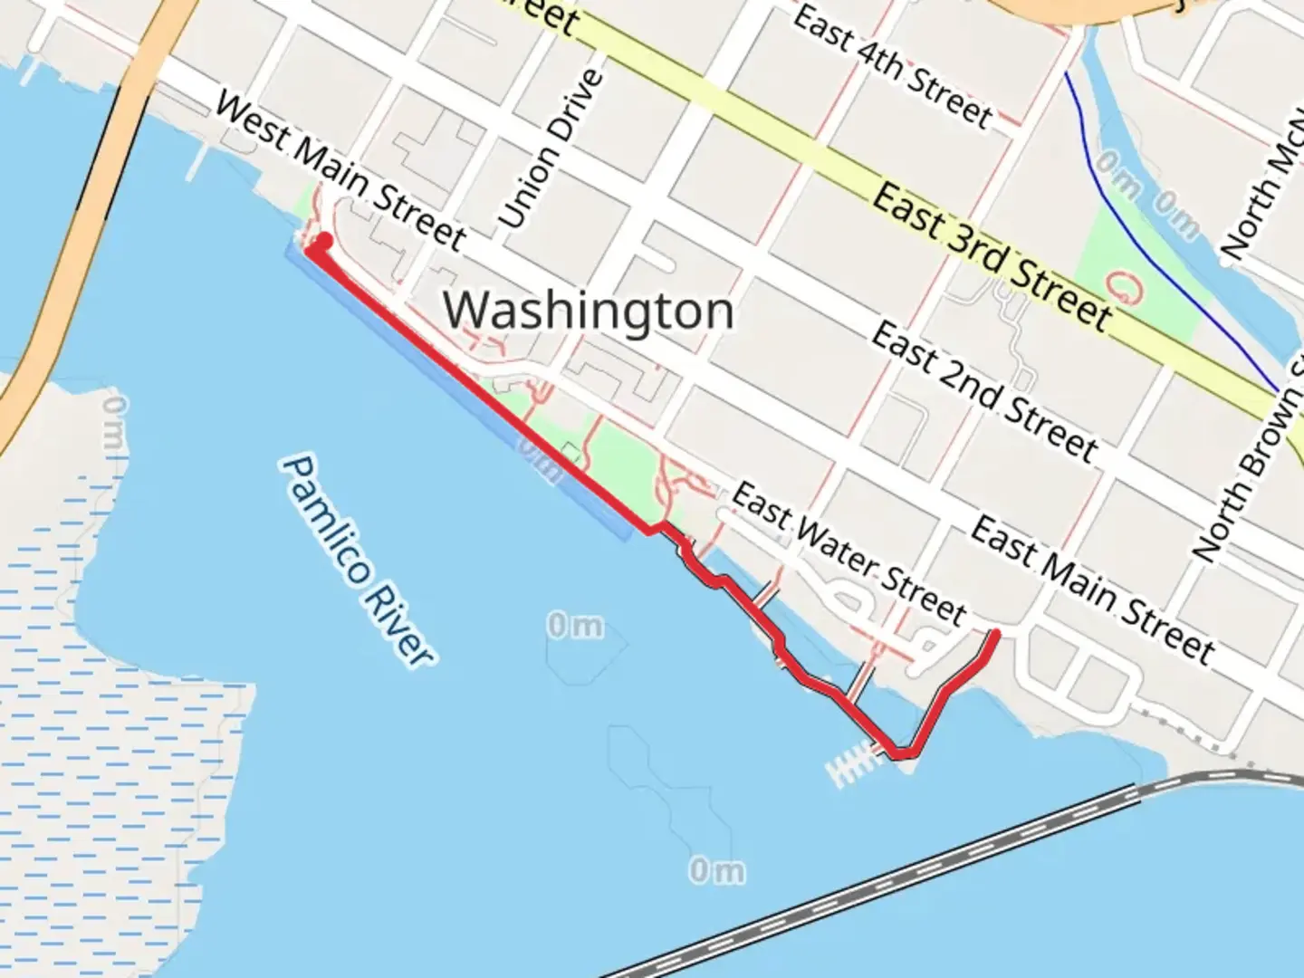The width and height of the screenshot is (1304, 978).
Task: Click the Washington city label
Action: tap(588, 311)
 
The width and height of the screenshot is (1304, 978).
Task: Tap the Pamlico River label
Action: tap(358, 561)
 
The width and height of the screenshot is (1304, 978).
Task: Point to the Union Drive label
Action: tap(551, 149)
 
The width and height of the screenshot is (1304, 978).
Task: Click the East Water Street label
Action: tap(848, 553)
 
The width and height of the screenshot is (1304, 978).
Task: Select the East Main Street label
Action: tap(1091, 590)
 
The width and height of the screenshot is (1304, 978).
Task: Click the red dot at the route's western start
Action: tap(321, 241)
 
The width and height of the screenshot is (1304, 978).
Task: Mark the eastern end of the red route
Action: tap(995, 634)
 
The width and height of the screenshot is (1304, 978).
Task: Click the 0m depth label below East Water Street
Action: tap(575, 625)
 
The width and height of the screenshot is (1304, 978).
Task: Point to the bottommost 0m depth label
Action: tap(716, 871)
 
